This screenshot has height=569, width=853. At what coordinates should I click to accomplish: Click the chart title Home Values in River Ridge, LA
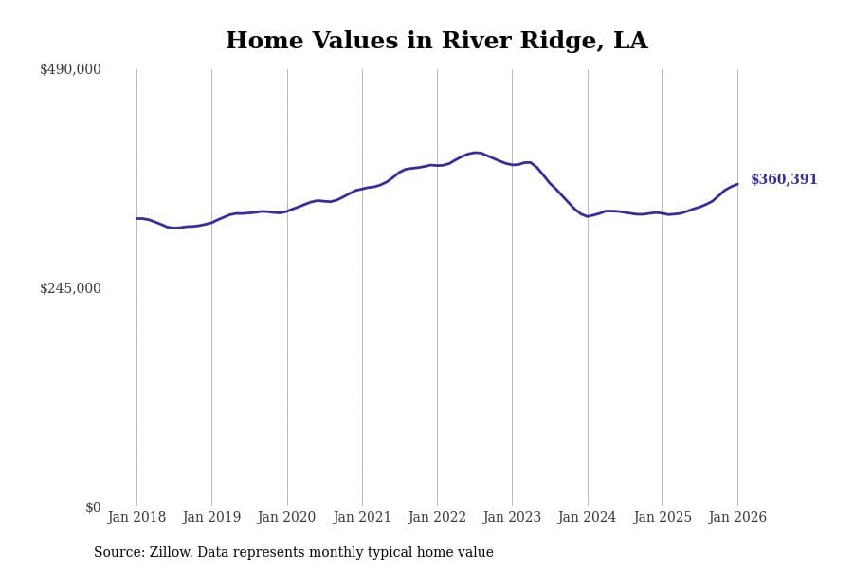click(x=436, y=42)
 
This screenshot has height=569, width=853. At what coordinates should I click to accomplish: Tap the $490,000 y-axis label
click(x=70, y=69)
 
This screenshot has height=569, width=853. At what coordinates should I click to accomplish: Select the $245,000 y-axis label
click(x=70, y=288)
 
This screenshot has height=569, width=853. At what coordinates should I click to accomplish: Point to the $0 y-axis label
click(x=93, y=507)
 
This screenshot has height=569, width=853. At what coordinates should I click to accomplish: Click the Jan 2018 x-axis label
click(x=136, y=518)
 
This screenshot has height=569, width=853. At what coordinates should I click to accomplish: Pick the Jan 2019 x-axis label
click(x=211, y=518)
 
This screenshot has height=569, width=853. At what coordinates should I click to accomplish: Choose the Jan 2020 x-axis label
click(x=286, y=518)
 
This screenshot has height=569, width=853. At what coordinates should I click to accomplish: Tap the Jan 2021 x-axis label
click(x=362, y=518)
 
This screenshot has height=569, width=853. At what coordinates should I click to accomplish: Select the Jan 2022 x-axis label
click(x=437, y=518)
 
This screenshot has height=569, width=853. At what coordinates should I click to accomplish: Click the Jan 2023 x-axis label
click(x=512, y=518)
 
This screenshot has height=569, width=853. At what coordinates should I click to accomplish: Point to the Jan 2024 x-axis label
click(x=587, y=518)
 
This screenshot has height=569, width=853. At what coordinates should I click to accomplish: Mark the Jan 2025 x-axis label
click(x=662, y=518)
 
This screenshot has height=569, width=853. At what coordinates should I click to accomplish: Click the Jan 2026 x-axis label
click(x=737, y=518)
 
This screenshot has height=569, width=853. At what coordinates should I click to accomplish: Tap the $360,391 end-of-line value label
click(x=784, y=180)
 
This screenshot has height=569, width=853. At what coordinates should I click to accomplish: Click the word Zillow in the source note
click(x=170, y=553)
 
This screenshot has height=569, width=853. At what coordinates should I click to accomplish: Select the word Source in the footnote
click(x=118, y=553)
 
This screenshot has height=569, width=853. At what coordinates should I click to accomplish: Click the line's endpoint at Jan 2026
click(x=737, y=184)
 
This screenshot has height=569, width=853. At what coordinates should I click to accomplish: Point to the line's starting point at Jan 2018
click(x=136, y=218)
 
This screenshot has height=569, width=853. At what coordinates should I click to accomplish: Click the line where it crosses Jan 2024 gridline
click(x=588, y=216)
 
